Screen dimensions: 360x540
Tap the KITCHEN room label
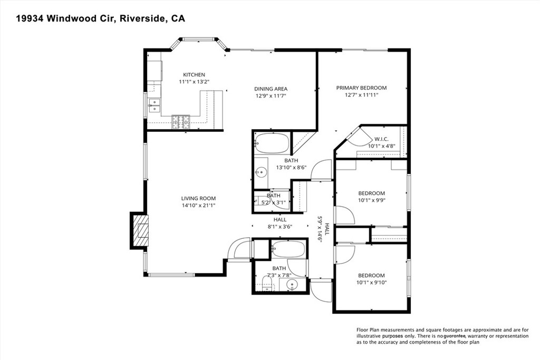194,75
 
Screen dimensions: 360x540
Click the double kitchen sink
153,105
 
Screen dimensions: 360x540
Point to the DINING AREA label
271,89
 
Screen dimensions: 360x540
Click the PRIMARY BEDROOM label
361,87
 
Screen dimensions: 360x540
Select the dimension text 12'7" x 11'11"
361,95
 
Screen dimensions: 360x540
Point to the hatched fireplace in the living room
139,230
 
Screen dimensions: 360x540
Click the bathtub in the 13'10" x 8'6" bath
272,143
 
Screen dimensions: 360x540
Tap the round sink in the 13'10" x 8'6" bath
260,172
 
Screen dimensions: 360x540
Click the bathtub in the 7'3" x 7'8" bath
288,249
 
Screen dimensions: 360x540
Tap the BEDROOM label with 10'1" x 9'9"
371,193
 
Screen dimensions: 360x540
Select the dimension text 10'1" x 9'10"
371,283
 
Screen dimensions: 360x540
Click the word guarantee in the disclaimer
454,336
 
